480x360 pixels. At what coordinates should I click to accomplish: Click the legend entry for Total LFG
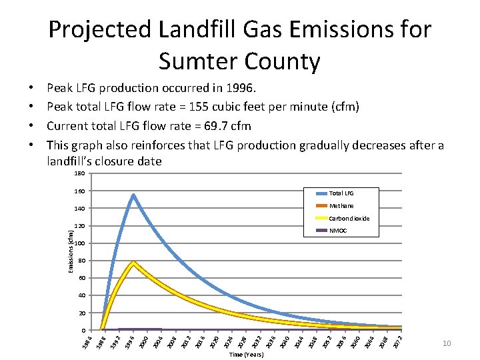tap(341, 193)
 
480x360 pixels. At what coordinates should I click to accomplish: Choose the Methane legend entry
tap(341, 206)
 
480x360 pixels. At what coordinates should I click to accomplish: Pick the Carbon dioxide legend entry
tap(349, 219)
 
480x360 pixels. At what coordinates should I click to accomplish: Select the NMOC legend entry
tap(339, 231)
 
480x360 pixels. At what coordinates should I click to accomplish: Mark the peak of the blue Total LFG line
tap(133, 195)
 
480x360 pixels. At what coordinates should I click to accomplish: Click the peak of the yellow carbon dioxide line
tap(133, 263)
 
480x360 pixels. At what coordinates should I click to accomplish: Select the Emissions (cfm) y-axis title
tap(71, 251)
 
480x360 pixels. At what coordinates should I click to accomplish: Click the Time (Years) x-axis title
tap(246, 355)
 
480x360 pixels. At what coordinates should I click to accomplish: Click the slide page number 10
tap(447, 343)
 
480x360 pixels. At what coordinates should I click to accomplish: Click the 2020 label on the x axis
tap(213, 341)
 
